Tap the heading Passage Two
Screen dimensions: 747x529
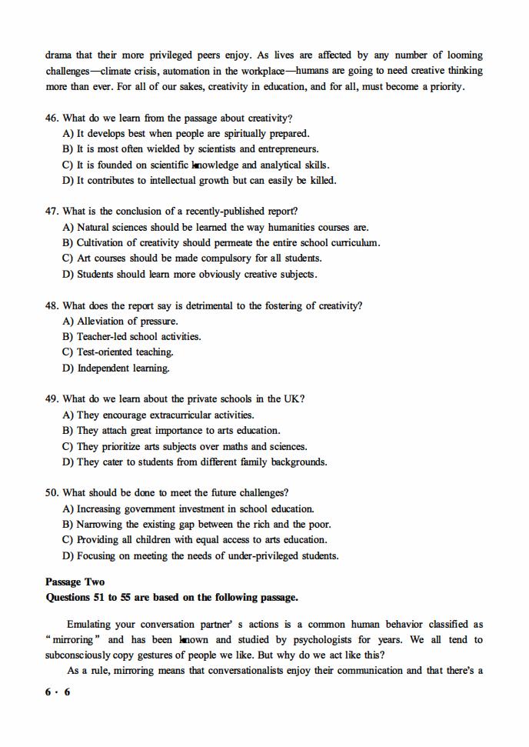(75, 582)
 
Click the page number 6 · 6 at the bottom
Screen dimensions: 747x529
(58, 692)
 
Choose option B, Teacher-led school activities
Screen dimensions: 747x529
(131, 337)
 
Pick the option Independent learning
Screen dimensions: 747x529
(116, 368)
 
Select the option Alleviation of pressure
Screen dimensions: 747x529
(120, 322)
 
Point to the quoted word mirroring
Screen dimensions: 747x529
(73, 640)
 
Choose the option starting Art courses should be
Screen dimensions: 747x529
(191, 258)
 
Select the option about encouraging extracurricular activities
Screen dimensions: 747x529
(158, 415)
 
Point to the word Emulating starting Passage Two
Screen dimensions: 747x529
(89, 625)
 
